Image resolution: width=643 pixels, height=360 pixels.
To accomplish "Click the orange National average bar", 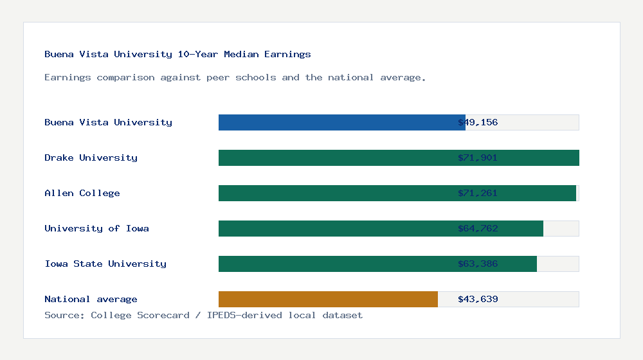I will pos(328,299).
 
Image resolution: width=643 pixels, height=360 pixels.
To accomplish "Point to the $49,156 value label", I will pos(478,122).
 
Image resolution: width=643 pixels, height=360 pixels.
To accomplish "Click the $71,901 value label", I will pos(478,157).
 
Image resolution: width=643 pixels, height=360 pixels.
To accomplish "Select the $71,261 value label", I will pos(478,193).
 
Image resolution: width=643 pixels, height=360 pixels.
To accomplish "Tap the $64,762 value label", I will pos(478,228).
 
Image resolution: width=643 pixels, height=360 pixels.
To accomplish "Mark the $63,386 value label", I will pos(478,264).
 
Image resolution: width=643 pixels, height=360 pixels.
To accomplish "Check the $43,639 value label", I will pos(478,299).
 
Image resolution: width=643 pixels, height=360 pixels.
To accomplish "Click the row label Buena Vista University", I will pos(108,122).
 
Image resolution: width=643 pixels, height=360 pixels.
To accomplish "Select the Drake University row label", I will pos(91,157).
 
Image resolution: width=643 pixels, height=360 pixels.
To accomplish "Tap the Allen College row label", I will pos(82,193).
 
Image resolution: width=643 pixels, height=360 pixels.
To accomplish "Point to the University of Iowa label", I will pos(96,228).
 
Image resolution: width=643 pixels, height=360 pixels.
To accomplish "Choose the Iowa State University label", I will pos(105,264).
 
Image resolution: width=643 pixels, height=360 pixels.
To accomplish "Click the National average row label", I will pos(91,299).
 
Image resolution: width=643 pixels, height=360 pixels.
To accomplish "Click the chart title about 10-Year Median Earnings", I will pos(177,54).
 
